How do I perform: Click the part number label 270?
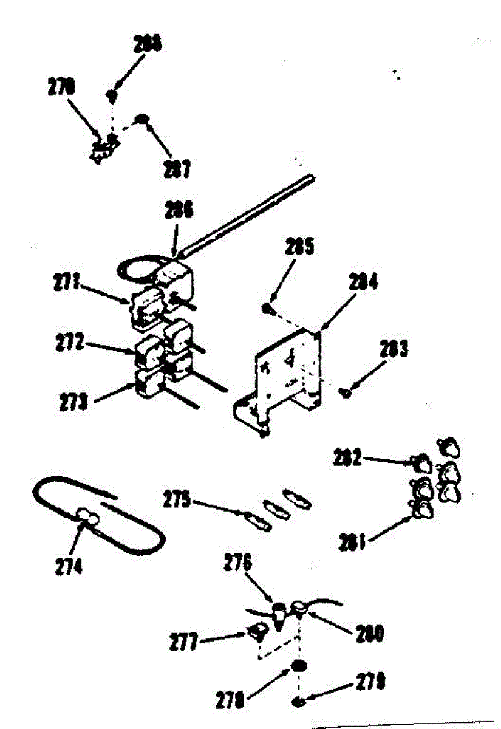61,87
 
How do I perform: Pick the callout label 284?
364,282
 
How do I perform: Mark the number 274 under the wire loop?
69,567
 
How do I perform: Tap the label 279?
369,683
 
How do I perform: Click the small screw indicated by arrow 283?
347,393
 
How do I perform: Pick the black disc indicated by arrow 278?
298,666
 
